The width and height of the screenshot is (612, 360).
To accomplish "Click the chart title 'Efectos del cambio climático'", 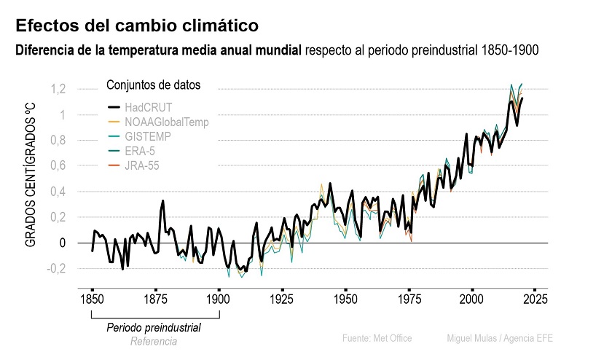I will [x=137, y=26].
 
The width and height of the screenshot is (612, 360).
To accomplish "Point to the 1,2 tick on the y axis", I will [x=59, y=89].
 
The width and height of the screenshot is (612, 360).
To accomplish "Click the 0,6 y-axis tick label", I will [x=59, y=166].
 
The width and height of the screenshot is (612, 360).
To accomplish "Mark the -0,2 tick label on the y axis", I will [x=58, y=268].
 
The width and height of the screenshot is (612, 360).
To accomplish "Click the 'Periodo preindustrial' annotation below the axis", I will [x=154, y=328].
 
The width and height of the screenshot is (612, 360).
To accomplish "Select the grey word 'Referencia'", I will [x=154, y=341].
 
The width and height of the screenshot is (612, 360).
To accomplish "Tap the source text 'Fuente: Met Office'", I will [x=377, y=338].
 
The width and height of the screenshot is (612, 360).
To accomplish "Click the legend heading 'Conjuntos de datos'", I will [x=154, y=85].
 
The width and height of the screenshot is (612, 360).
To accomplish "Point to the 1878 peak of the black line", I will [x=162, y=200].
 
